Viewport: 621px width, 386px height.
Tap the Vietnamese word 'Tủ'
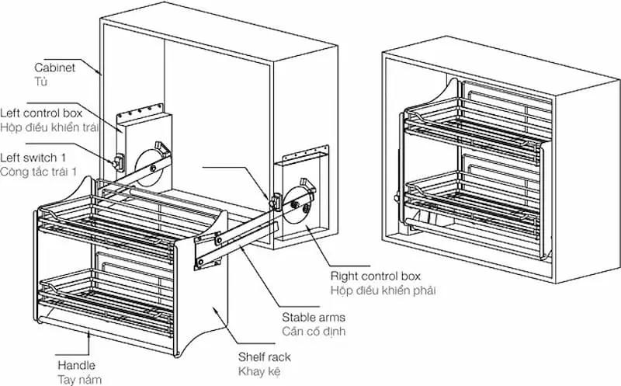[x=41, y=81]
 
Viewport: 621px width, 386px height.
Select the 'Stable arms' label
[x=313, y=317]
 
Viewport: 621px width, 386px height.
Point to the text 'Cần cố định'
[x=313, y=331]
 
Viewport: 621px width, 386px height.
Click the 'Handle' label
[x=76, y=364]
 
